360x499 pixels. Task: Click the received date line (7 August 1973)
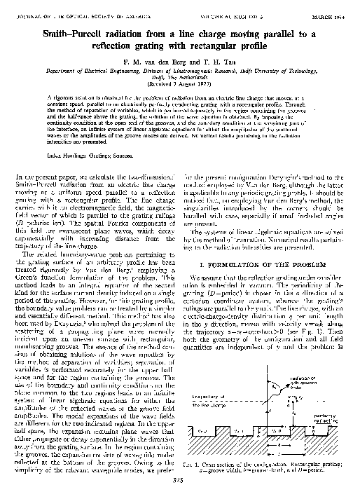(x=179, y=76)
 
